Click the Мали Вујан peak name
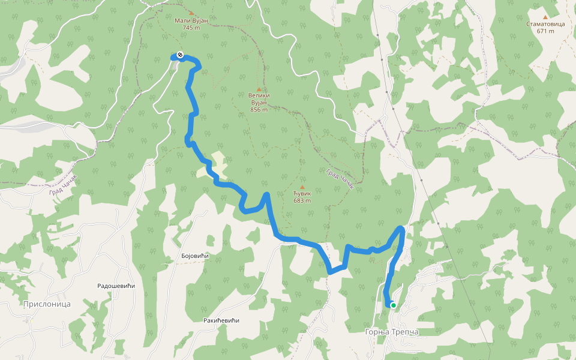click(x=191, y=20)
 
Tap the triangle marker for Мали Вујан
click(x=191, y=13)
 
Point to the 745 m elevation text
click(x=191, y=28)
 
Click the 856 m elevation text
click(x=259, y=109)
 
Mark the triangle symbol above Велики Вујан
click(x=259, y=89)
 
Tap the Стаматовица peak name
click(x=545, y=24)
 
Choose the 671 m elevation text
click(x=545, y=31)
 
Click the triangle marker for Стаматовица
click(x=545, y=17)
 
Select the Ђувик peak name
click(x=302, y=194)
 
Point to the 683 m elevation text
click(x=302, y=201)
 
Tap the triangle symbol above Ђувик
click(x=302, y=187)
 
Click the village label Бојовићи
click(x=194, y=256)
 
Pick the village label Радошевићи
click(x=116, y=286)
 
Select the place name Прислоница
click(x=47, y=304)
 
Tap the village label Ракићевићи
click(x=221, y=320)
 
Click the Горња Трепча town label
click(x=391, y=332)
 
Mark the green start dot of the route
click(x=394, y=305)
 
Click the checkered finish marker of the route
click(x=180, y=55)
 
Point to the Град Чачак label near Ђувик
click(x=340, y=179)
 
